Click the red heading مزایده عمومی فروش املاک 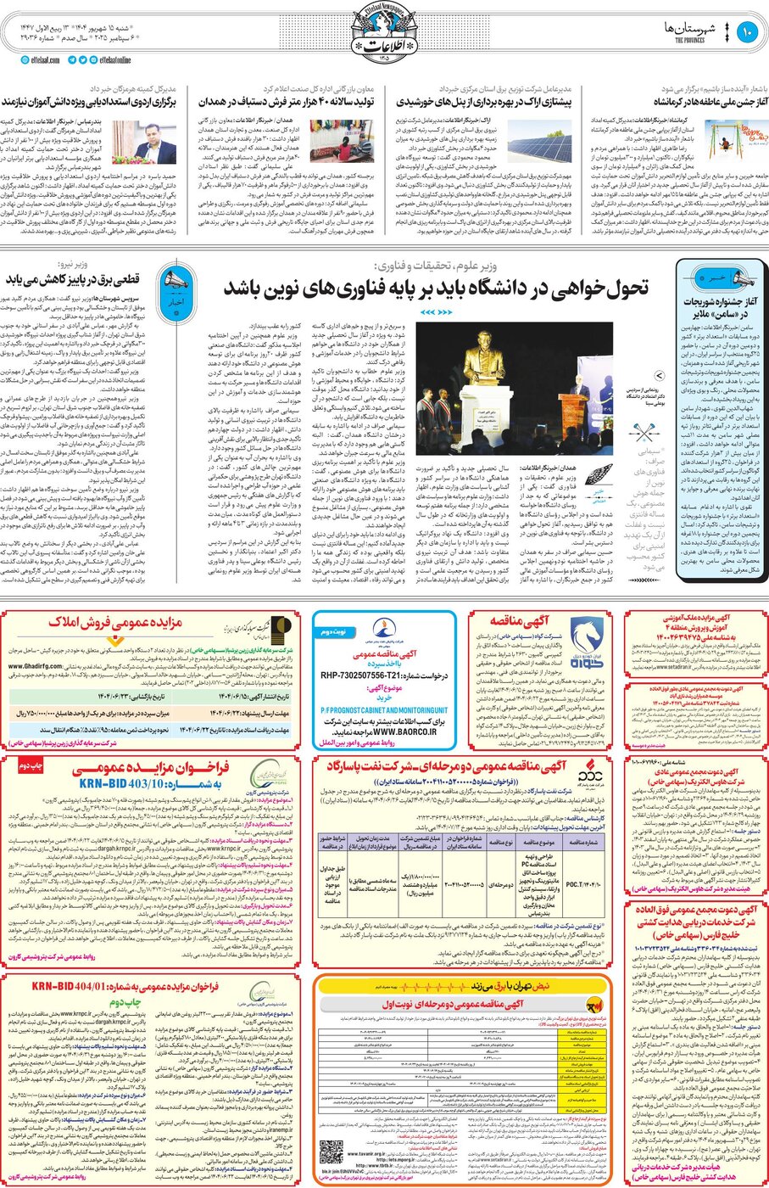click(115, 623)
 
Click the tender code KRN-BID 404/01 click(125, 987)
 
